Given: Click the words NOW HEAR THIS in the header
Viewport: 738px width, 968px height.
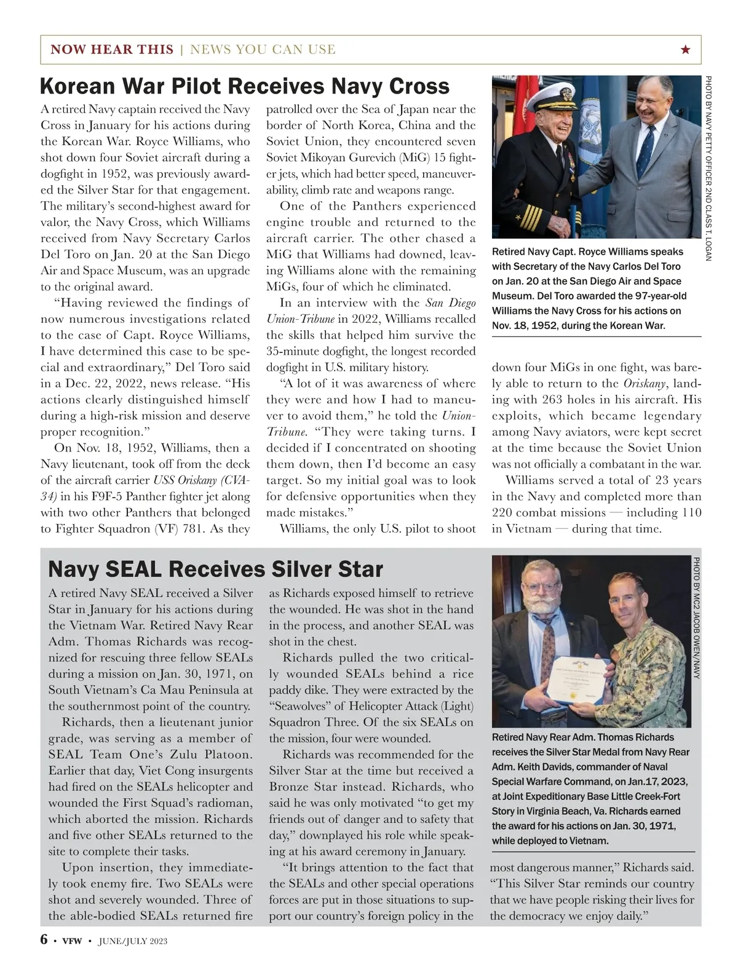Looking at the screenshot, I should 112,50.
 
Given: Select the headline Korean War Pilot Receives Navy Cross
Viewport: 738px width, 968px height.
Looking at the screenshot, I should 244,86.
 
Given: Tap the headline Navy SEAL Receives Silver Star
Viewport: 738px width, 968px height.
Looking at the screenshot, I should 215,569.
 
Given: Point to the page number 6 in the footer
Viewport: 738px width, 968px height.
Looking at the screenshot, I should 44,940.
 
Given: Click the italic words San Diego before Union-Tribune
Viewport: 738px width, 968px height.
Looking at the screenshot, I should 451,303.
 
